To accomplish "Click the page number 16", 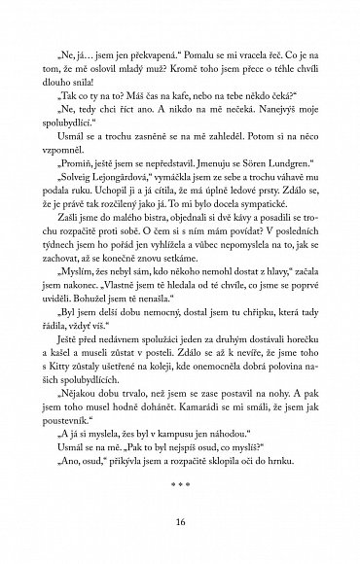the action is (x=180, y=520).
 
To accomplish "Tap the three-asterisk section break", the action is (x=180, y=479).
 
